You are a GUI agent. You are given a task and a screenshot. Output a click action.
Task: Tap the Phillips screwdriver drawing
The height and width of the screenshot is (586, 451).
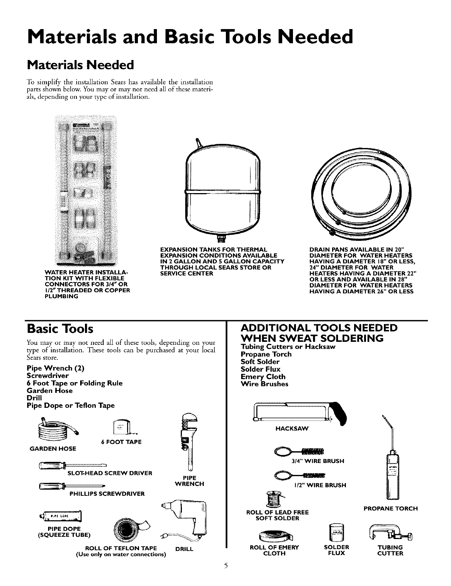pos(72,486)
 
